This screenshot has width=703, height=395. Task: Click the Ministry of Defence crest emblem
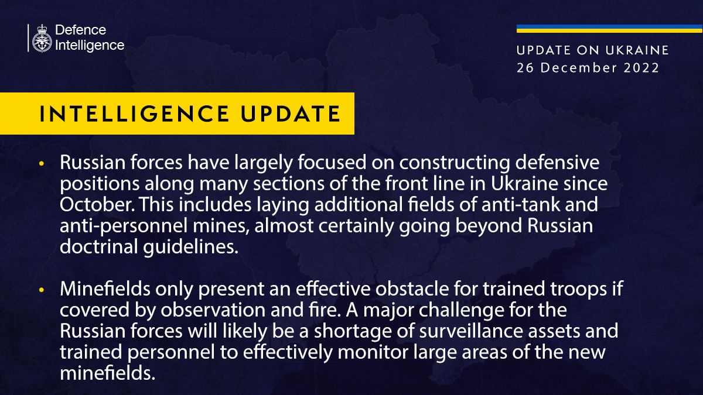click(42, 38)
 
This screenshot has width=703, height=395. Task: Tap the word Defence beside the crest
click(81, 30)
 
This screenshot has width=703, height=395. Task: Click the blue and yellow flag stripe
click(609, 29)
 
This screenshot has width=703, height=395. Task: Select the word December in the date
click(578, 68)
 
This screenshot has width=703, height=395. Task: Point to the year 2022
click(641, 68)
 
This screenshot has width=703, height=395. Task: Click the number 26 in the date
click(525, 68)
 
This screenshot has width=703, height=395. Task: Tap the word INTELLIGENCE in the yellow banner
click(134, 114)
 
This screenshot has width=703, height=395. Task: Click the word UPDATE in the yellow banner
click(291, 114)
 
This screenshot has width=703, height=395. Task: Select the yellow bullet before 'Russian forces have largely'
click(42, 163)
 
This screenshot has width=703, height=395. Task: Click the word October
click(97, 205)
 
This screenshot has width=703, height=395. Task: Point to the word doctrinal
click(99, 246)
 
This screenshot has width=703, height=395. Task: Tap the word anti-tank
click(520, 205)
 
